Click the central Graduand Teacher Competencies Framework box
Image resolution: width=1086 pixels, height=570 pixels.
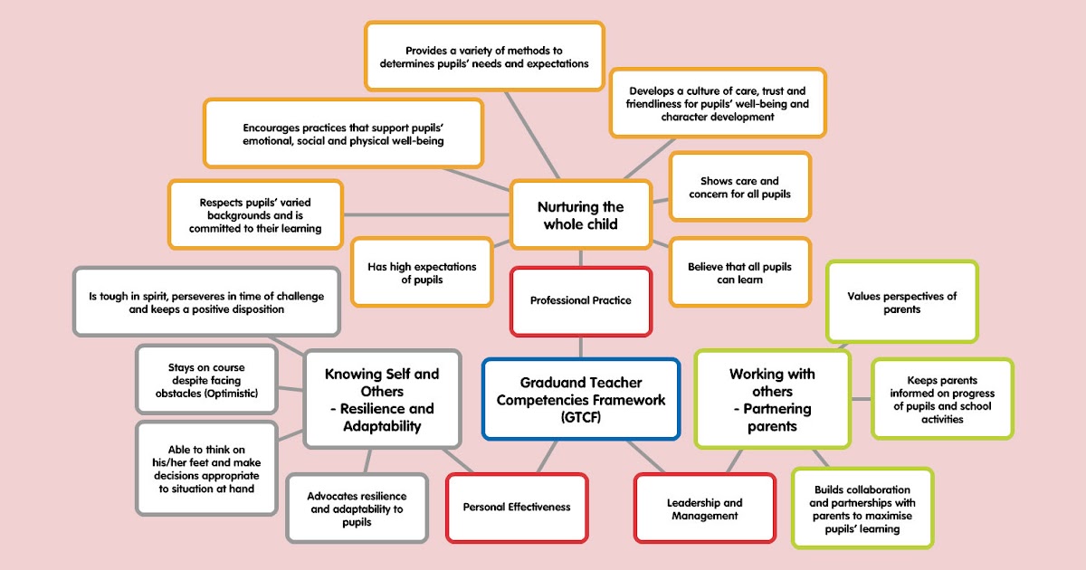point(580,399)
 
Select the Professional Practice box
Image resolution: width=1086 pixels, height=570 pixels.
point(580,301)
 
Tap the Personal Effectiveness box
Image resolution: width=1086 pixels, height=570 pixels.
point(517,508)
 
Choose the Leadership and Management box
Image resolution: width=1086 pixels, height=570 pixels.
point(705,508)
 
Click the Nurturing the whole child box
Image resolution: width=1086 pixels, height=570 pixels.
point(580,214)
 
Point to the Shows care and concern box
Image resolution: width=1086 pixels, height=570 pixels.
point(739,187)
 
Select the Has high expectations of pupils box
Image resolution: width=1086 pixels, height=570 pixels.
point(422,273)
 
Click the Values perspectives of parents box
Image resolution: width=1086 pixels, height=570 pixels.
point(902,302)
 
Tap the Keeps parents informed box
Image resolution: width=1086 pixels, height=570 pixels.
point(941,399)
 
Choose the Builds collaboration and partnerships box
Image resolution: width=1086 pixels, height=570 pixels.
point(862,508)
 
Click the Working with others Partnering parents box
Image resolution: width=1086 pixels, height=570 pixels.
point(772,399)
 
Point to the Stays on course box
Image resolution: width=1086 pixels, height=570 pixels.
point(206,380)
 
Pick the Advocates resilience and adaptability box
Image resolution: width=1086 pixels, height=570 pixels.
point(357,508)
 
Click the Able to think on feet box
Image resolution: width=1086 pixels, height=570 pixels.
point(206,469)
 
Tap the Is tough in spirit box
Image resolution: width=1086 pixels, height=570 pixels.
point(206,302)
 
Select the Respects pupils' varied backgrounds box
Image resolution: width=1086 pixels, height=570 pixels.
point(255,214)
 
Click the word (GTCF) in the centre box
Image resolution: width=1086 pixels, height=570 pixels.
point(580,418)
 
